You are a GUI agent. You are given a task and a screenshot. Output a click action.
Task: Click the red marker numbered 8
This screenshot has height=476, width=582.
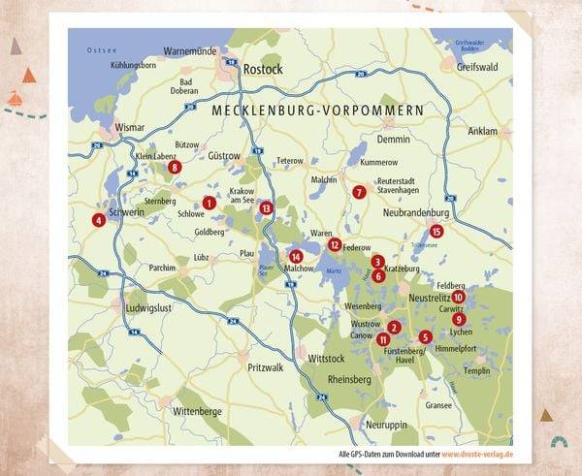point(175,167)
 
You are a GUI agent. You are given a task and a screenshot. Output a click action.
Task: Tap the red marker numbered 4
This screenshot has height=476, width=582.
point(98,220)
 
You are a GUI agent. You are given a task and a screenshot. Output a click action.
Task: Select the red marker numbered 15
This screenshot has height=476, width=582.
point(436,231)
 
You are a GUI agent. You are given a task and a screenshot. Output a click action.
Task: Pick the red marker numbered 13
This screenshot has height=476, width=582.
point(266,208)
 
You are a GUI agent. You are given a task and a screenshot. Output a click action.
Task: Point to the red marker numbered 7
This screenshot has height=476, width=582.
point(359,192)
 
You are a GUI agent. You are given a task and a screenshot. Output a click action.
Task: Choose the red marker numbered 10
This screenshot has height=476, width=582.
point(459,297)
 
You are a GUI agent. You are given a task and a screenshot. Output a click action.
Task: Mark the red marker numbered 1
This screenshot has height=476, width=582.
point(209,203)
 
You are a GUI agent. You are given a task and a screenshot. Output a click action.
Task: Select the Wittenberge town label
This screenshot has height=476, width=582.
point(198,411)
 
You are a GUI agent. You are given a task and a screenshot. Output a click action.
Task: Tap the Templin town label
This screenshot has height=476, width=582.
point(477,370)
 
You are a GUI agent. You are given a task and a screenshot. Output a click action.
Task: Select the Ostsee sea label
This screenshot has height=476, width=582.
point(101,49)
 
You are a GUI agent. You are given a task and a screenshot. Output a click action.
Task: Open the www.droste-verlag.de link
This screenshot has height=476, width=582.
point(477,455)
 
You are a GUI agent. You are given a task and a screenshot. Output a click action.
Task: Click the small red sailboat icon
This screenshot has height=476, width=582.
point(15,98)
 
